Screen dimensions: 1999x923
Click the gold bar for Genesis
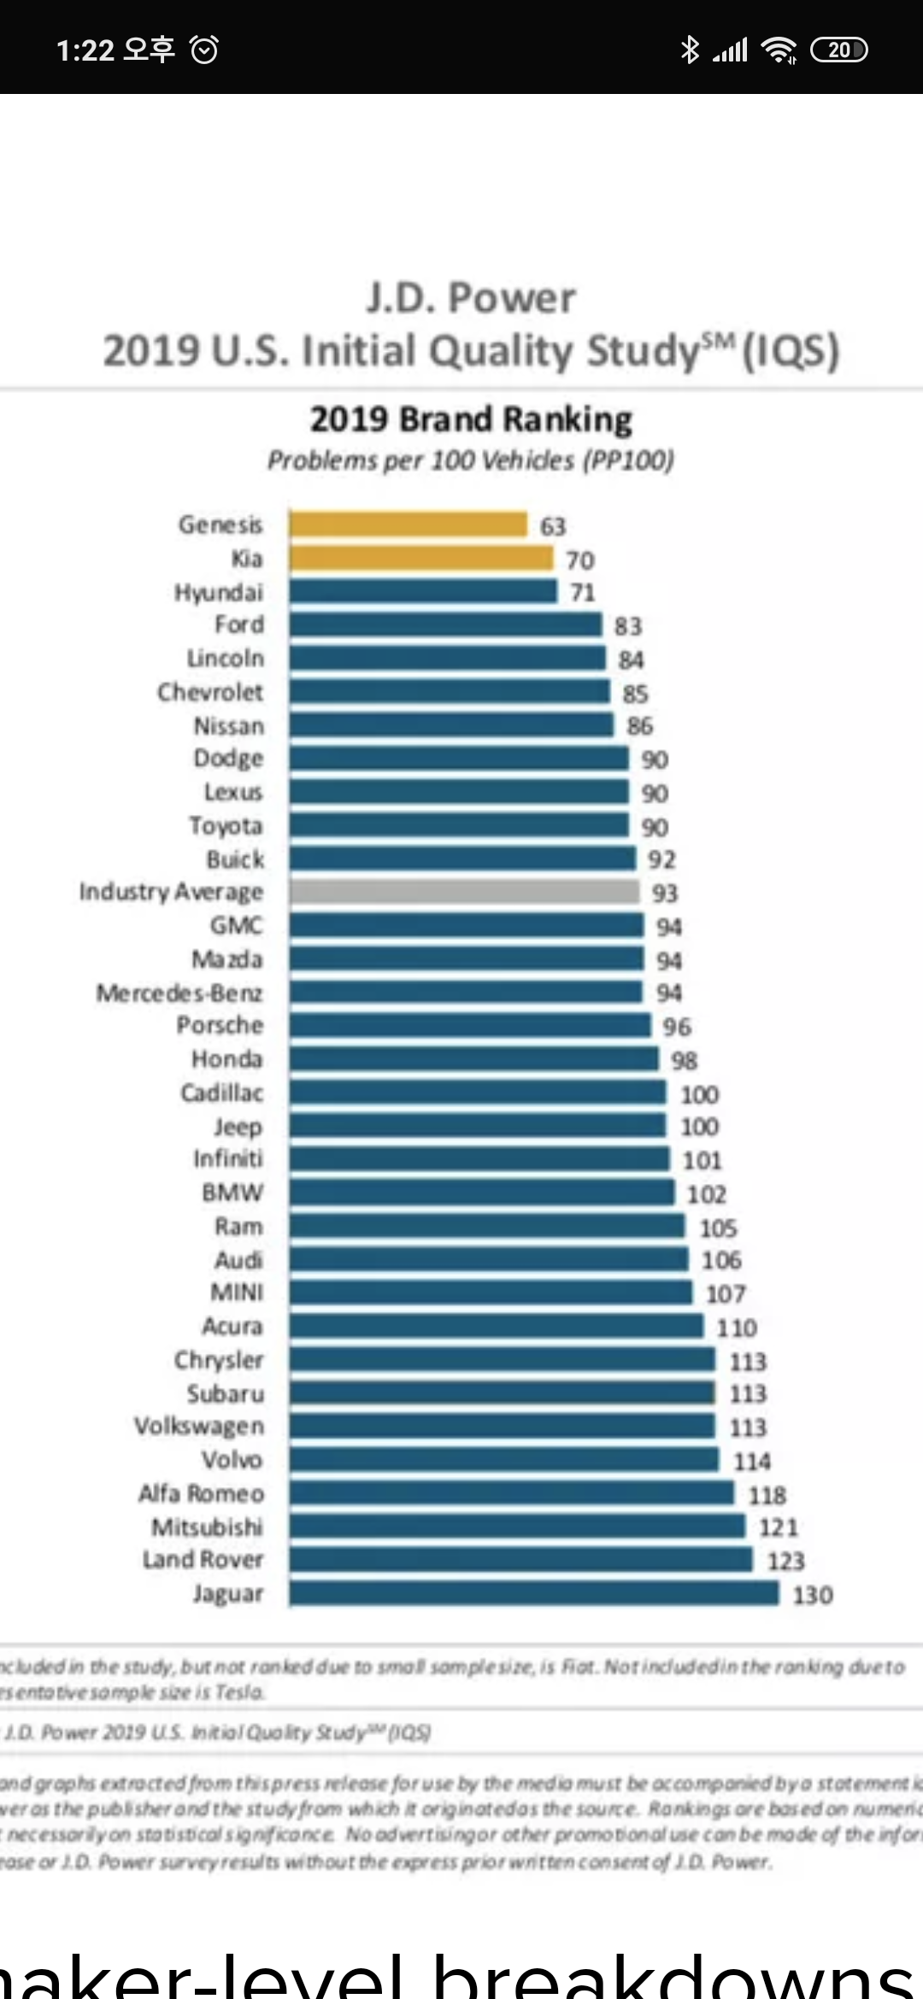pyautogui.click(x=408, y=525)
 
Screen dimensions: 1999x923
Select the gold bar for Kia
pyautogui.click(x=420, y=559)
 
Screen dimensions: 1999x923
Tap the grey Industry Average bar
pyautogui.click(x=464, y=892)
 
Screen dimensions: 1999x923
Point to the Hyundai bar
pyautogui.click(x=423, y=591)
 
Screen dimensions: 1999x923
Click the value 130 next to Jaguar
pyautogui.click(x=813, y=1595)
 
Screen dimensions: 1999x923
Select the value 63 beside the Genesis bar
pyautogui.click(x=553, y=526)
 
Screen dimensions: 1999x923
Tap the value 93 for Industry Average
pyautogui.click(x=665, y=893)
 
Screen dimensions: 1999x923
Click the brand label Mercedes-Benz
pyautogui.click(x=179, y=993)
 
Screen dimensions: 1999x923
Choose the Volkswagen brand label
pyautogui.click(x=199, y=1426)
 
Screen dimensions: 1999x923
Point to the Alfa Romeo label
pyautogui.click(x=202, y=1493)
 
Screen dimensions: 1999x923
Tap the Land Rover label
pyautogui.click(x=203, y=1560)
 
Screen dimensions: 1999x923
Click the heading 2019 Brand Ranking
pyautogui.click(x=471, y=419)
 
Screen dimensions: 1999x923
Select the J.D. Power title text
pyautogui.click(x=471, y=298)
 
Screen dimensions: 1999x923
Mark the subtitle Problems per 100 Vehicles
pyautogui.click(x=471, y=460)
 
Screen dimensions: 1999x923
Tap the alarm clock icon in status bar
pyautogui.click(x=204, y=50)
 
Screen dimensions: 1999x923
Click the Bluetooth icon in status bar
pyautogui.click(x=689, y=50)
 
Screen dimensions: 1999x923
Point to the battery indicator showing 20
pyautogui.click(x=838, y=50)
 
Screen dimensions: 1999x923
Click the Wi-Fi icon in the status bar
pyautogui.click(x=778, y=50)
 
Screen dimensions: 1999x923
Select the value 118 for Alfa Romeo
pyautogui.click(x=767, y=1495)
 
